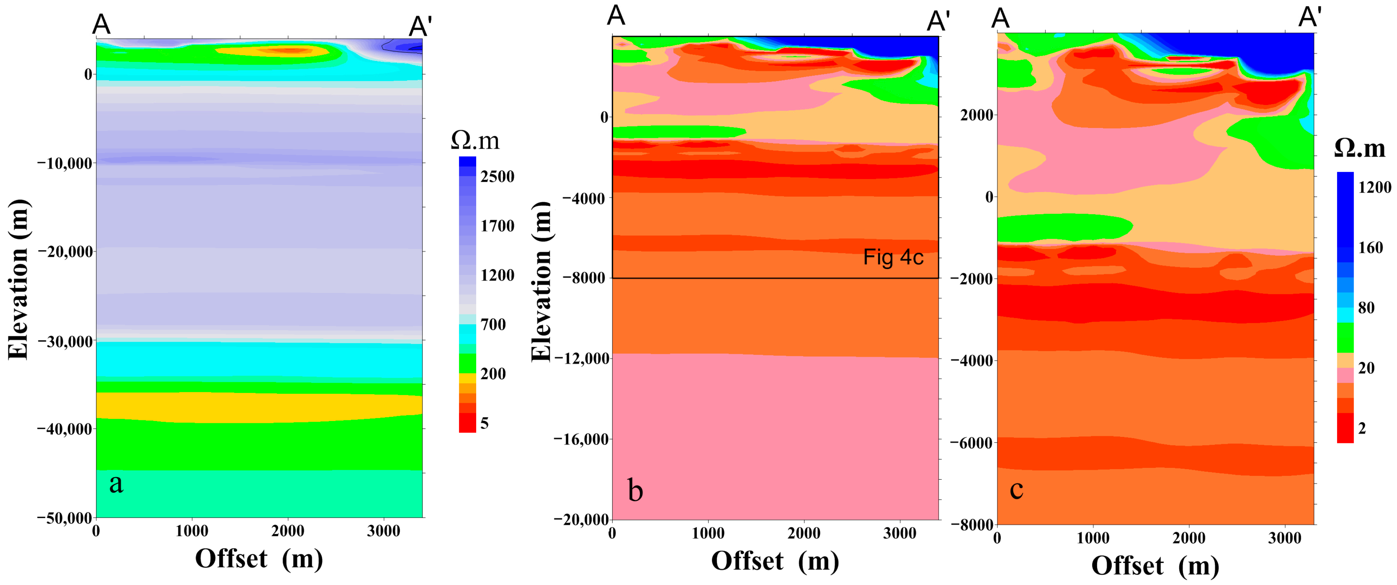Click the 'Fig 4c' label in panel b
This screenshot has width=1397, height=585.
click(x=893, y=257)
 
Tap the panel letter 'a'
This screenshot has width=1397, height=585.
click(x=116, y=483)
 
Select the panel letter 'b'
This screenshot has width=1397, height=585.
click(x=635, y=490)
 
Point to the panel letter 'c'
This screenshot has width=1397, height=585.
click(x=1016, y=489)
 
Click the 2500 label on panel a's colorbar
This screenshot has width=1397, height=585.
click(x=497, y=176)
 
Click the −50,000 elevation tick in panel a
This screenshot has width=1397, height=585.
click(x=64, y=518)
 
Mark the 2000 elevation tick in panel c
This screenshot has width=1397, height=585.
click(x=977, y=115)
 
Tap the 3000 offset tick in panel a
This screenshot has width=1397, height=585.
click(x=383, y=531)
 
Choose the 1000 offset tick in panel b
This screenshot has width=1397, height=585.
click(x=708, y=533)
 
